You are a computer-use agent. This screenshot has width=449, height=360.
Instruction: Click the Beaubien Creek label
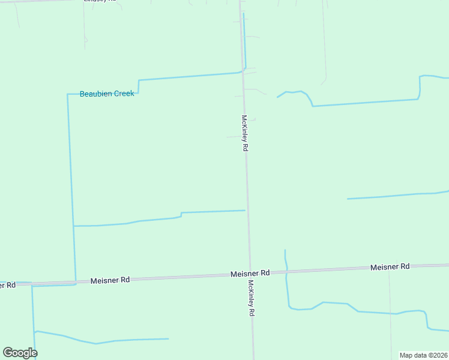coord(107,94)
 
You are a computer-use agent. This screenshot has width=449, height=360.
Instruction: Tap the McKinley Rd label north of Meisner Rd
coord(244,133)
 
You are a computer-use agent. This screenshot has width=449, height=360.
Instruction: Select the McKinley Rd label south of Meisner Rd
coord(252,298)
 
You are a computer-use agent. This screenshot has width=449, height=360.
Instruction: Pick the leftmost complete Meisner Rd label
coord(110,280)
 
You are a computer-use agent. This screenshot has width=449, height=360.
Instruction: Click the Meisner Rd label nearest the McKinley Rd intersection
coord(250,273)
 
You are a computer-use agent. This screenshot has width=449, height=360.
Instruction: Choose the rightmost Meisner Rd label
coord(390,266)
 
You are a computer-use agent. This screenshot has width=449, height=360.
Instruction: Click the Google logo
coord(20,353)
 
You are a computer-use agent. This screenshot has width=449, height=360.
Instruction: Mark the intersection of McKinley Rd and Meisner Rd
coord(249,275)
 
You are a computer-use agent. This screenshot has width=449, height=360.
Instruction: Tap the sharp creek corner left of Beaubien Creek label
coord(68,94)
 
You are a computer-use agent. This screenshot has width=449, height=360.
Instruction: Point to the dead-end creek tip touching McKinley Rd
coord(245,210)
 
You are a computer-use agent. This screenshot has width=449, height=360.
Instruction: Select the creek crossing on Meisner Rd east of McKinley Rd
coord(286,272)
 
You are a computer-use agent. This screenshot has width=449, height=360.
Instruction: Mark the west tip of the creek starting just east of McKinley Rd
coord(277,97)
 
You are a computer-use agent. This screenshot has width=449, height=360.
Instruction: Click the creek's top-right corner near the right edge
coord(420,76)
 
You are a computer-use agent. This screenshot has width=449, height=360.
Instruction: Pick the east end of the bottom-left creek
coord(168,339)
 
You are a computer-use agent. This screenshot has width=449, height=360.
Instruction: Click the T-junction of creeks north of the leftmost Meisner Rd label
coord(73,226)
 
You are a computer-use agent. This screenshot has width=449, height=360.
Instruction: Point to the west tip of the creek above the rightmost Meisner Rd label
coord(348,199)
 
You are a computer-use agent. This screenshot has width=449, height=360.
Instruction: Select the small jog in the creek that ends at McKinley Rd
coord(181,214)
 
